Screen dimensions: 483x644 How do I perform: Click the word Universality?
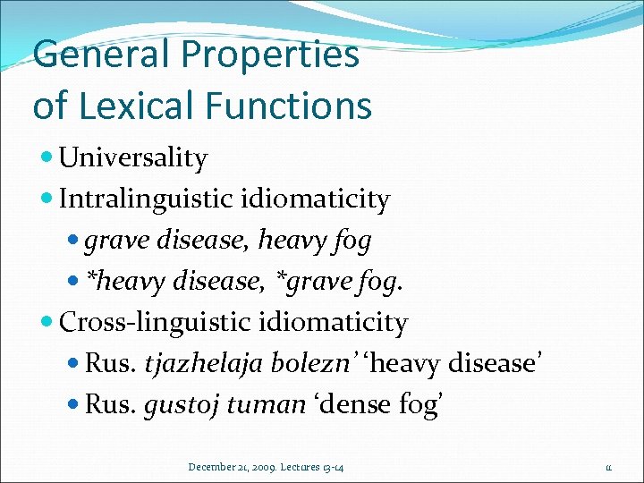(133, 158)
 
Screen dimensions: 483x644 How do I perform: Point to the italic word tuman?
(267, 403)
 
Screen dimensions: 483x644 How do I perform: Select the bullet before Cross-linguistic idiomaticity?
(47, 322)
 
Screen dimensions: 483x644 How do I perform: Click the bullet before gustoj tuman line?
(73, 404)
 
